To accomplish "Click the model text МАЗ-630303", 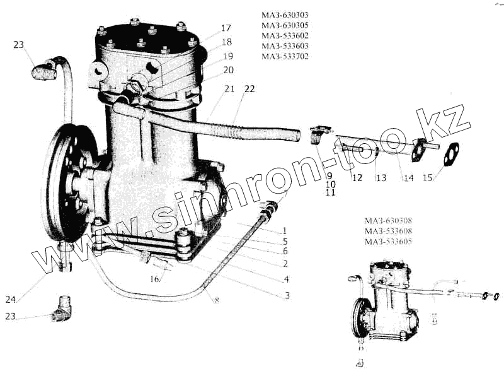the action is pos(285,15).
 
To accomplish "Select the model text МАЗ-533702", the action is pos(285,56).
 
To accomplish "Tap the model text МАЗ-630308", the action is pos(388,221).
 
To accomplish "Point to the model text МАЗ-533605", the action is pos(388,242).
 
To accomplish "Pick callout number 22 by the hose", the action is pos(249,89).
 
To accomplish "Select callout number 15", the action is pos(428,179).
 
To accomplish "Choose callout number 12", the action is pos(357,179).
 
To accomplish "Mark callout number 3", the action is pos(286,295).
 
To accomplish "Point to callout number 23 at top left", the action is pos(19,45).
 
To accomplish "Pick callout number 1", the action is pos(285,231).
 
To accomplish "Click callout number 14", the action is pos(408,179).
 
